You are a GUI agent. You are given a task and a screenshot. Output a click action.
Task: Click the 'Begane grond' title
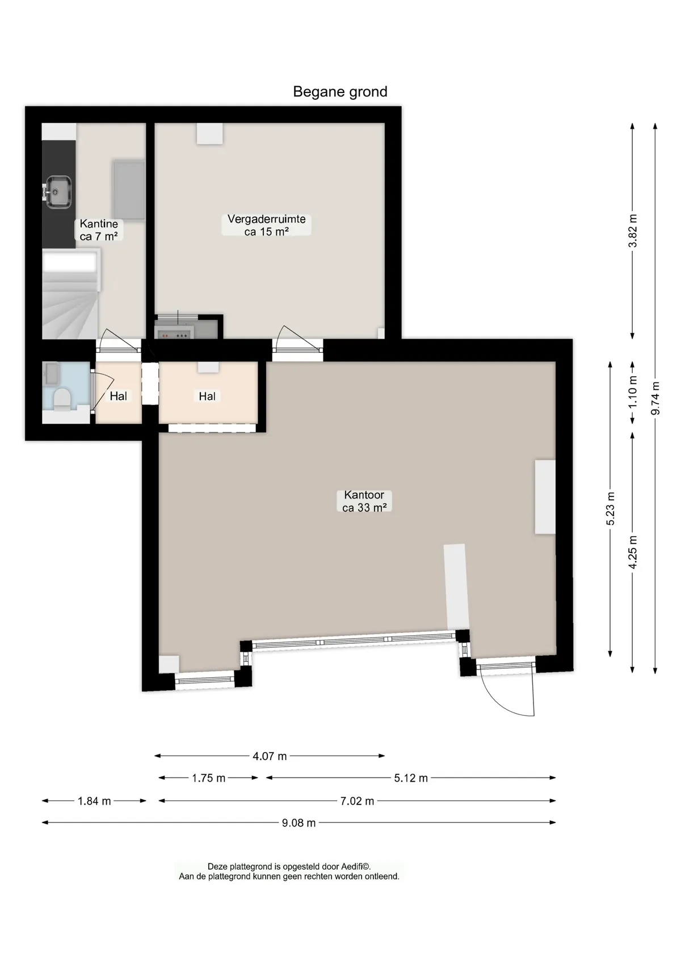[x=340, y=92]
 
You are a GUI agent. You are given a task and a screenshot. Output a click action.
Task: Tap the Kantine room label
[x=99, y=230]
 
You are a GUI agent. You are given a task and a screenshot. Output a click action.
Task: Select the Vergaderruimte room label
[x=266, y=225]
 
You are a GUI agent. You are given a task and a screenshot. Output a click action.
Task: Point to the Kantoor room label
[x=364, y=501]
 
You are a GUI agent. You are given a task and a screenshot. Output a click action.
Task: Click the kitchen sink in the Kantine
[x=58, y=192]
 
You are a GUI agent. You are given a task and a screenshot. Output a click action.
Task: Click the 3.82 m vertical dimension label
[x=632, y=231]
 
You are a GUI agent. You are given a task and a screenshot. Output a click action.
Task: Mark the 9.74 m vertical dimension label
[x=655, y=398]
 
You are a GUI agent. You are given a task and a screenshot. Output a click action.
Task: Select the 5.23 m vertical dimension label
[x=610, y=508]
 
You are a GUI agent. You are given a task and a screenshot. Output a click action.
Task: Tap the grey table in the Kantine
[x=128, y=189]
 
